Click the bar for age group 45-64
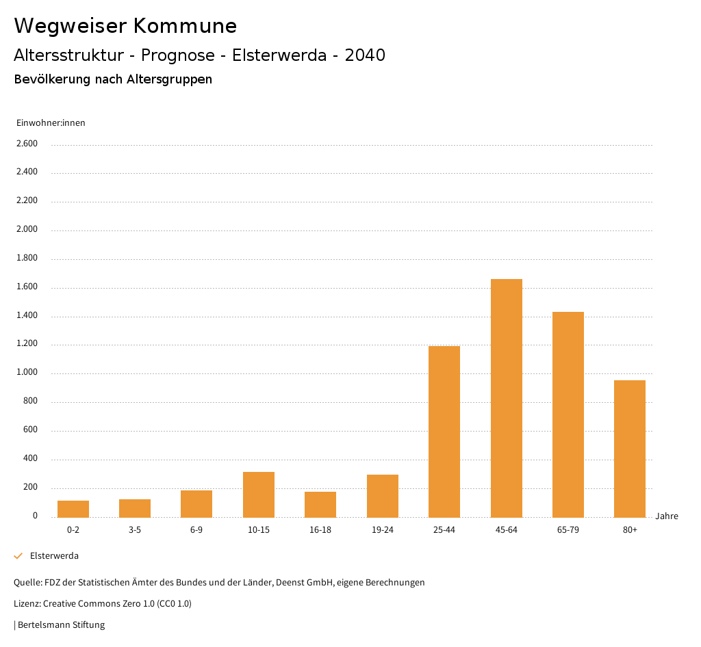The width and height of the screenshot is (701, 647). (x=506, y=398)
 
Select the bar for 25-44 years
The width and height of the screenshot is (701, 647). (x=444, y=432)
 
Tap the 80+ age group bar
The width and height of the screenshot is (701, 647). (x=630, y=449)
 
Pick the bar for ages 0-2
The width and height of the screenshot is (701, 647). (x=73, y=509)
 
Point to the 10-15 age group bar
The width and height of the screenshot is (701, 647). (x=259, y=494)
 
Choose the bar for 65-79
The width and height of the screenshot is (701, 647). (x=568, y=414)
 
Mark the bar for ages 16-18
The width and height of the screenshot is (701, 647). (x=320, y=504)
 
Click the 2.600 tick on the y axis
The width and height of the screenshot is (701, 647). (x=27, y=144)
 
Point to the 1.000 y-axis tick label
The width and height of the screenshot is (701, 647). (x=27, y=373)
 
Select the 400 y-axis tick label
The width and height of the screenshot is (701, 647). (x=30, y=459)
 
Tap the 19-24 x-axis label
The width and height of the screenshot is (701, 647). (x=382, y=530)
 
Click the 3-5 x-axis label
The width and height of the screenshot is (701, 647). (x=135, y=530)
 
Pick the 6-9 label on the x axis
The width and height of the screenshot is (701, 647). (x=196, y=530)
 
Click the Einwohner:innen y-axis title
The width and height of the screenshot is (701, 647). (x=51, y=123)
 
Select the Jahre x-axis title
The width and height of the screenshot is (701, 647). (x=666, y=516)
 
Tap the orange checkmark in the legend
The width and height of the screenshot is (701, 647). (x=18, y=556)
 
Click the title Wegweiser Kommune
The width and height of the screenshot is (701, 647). (x=125, y=26)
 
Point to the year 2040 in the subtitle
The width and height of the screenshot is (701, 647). (x=365, y=55)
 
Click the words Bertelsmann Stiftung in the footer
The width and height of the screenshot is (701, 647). (x=61, y=625)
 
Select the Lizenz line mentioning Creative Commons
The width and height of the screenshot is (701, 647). (x=103, y=604)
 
